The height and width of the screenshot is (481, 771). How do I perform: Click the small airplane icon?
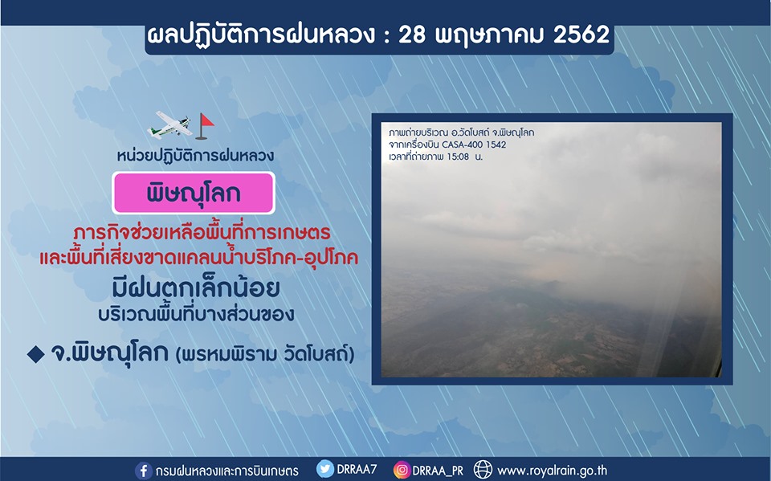[x=169, y=125]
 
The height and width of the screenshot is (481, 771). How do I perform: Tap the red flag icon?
[x=205, y=126]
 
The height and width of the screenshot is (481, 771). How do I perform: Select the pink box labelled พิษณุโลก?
[x=194, y=193]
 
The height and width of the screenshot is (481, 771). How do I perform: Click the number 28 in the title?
[x=411, y=35]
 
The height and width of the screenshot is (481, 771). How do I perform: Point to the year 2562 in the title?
[x=581, y=35]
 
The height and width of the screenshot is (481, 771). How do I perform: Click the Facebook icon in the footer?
[x=143, y=471]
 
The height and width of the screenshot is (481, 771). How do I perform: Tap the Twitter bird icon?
[x=325, y=469]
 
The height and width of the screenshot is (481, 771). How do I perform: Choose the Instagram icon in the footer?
[x=402, y=470]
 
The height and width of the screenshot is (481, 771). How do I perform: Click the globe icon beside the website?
[x=483, y=470]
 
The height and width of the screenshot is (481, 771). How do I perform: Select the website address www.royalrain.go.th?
[x=553, y=471]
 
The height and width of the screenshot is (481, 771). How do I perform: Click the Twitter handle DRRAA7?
[x=357, y=469]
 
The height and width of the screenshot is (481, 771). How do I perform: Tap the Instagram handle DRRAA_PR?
[x=438, y=471]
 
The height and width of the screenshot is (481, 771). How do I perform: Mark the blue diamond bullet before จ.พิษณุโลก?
[x=35, y=355]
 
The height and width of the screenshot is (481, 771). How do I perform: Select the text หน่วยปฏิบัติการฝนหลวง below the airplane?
[x=195, y=156]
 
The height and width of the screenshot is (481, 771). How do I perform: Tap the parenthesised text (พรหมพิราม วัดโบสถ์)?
[x=265, y=355]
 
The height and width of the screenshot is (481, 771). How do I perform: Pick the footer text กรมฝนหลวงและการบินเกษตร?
[x=226, y=471]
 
